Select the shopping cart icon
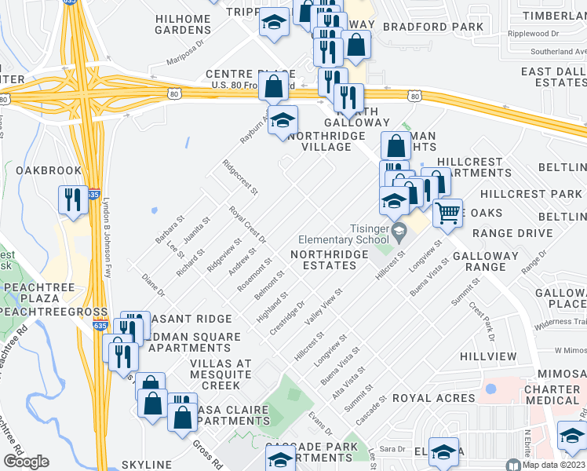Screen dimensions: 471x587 [447, 211]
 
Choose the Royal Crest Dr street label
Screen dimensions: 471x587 [248, 225]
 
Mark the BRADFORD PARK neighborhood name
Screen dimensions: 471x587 [433, 27]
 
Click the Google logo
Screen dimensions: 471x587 [26, 462]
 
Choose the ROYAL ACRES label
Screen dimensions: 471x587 [433, 398]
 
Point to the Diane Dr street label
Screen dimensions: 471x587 [153, 284]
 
